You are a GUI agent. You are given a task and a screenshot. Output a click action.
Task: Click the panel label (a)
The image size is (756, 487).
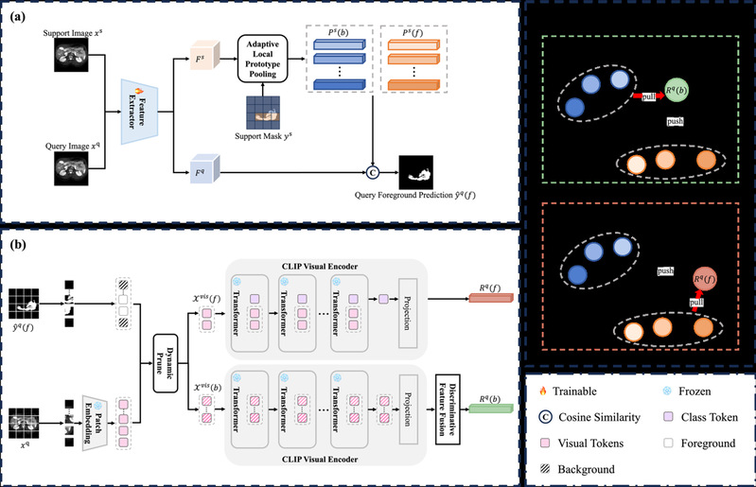pyautogui.click(x=16, y=14)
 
